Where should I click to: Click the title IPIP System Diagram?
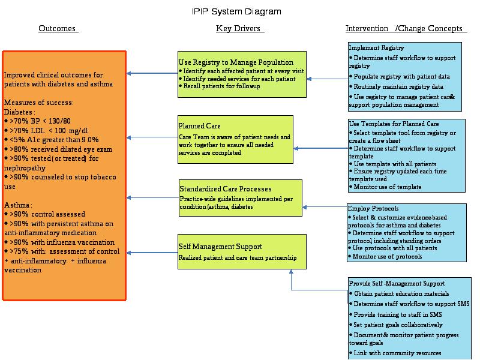(236, 11)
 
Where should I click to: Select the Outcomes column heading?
(57, 28)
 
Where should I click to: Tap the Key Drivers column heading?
(238, 28)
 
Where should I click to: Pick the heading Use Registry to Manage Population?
(236, 62)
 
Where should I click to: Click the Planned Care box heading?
(200, 126)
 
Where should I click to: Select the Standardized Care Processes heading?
(226, 189)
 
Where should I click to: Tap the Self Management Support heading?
(220, 247)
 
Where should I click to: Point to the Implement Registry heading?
(377, 48)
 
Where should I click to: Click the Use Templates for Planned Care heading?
(394, 124)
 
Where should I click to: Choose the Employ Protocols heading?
(373, 208)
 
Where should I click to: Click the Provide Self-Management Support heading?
(397, 283)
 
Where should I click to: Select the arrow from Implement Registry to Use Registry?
(328, 79)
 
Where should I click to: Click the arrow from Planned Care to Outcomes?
(152, 137)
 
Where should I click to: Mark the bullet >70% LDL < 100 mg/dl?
(46, 131)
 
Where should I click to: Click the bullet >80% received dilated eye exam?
(58, 149)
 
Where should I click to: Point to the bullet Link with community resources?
(395, 353)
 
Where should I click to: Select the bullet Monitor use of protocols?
(385, 257)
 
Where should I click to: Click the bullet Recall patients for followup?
(219, 86)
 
